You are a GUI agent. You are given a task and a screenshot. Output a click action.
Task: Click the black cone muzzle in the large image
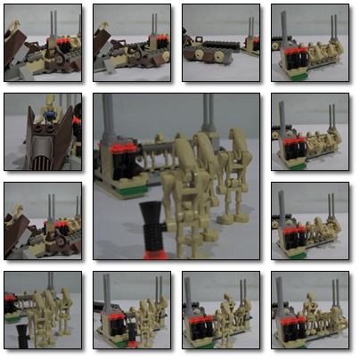click(x=151, y=215)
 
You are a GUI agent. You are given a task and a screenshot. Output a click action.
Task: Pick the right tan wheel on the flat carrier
click(x=220, y=54)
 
